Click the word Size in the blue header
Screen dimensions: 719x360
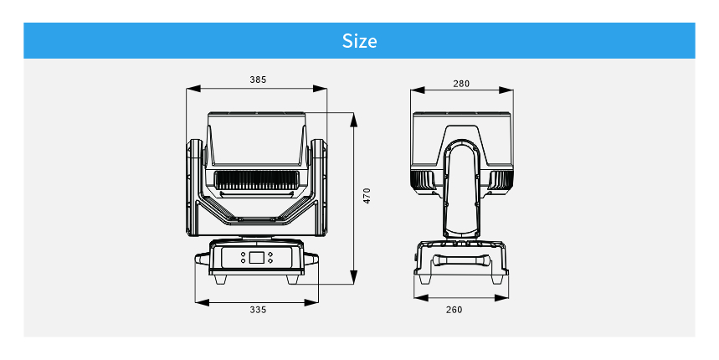pyautogui.click(x=360, y=41)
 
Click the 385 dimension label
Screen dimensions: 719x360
pyautogui.click(x=258, y=80)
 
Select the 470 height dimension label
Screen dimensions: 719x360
pyautogui.click(x=367, y=196)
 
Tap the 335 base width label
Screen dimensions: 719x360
pyautogui.click(x=258, y=310)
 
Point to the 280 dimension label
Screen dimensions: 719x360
pyautogui.click(x=461, y=84)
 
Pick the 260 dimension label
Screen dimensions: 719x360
pyautogui.click(x=454, y=310)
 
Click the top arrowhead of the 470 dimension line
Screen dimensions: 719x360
pyautogui.click(x=353, y=121)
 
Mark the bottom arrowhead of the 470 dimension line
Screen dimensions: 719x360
pyautogui.click(x=353, y=277)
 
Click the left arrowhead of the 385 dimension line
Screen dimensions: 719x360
pyautogui.click(x=193, y=89)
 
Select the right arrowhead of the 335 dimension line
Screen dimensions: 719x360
pyautogui.click(x=311, y=302)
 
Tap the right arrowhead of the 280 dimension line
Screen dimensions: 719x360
pyautogui.click(x=506, y=90)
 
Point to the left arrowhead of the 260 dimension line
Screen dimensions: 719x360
pyautogui.click(x=421, y=298)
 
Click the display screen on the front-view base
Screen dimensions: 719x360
pyautogui.click(x=256, y=257)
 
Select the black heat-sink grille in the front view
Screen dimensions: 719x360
pyautogui.click(x=257, y=180)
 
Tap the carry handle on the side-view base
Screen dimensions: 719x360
pyautogui.click(x=461, y=260)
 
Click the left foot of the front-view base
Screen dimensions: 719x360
pyautogui.click(x=220, y=280)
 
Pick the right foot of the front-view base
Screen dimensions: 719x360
pyautogui.click(x=294, y=280)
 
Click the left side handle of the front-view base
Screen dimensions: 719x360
pyautogui.click(x=203, y=259)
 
